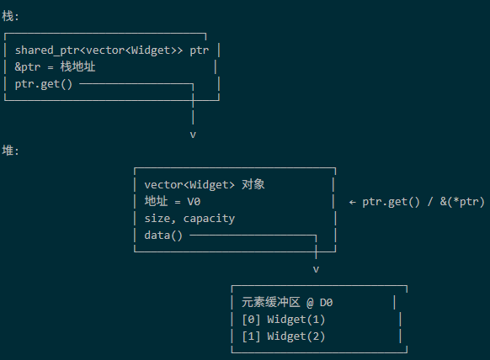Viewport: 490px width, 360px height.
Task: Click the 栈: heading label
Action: click(10, 16)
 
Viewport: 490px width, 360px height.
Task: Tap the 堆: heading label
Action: click(10, 151)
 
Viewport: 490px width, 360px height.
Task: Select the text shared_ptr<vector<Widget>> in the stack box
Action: click(99, 50)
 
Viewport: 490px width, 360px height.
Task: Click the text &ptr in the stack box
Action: click(28, 66)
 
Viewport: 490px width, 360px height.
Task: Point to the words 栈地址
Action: click(77, 66)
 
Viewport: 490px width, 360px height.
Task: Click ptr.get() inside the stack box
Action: click(44, 84)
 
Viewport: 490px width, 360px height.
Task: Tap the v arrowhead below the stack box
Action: click(193, 135)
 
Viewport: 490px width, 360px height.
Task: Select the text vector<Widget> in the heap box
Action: click(189, 184)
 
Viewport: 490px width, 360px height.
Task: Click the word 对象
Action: click(253, 184)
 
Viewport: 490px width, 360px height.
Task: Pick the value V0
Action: click(194, 201)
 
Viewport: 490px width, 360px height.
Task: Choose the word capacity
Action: click(209, 219)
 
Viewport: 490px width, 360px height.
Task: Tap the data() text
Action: click(163, 236)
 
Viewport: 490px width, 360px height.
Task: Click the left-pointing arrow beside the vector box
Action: click(353, 203)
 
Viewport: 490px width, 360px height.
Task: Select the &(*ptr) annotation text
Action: click(462, 202)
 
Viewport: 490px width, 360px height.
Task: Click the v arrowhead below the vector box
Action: click(316, 269)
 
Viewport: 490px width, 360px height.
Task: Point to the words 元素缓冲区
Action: click(270, 302)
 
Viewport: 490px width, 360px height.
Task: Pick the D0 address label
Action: click(327, 303)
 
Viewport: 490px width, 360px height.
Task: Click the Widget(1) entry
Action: click(296, 320)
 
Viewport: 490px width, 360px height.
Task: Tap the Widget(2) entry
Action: click(296, 336)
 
